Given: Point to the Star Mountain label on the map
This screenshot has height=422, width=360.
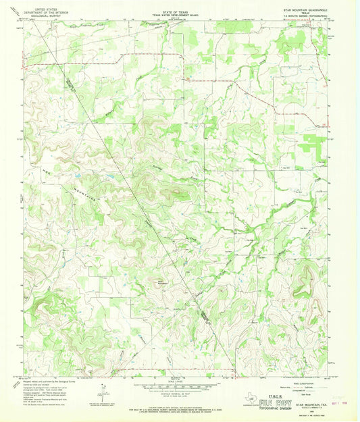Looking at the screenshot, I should coord(163,282).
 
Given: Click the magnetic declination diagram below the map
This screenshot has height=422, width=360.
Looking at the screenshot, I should coord(103,392).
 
